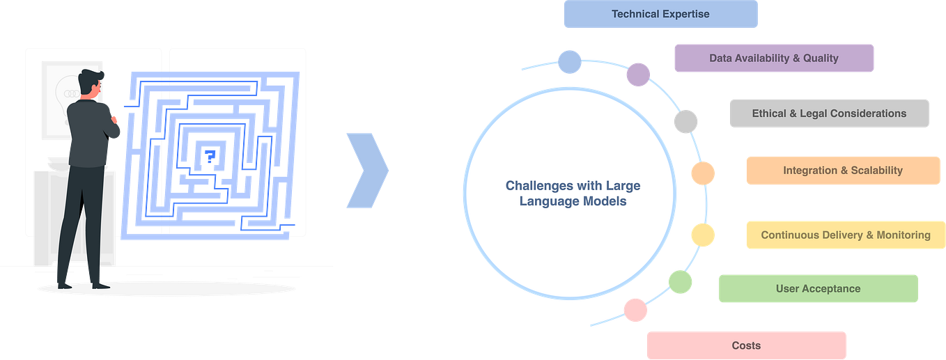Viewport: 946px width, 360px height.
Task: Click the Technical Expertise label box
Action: point(660,15)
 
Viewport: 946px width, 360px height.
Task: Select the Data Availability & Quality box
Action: point(773,58)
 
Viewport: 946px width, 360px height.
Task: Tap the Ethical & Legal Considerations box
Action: point(829,114)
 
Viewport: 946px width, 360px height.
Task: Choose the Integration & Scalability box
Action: point(842,171)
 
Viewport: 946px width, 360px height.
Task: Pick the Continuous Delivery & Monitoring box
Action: point(845,235)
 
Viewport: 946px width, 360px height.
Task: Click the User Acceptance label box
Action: point(818,288)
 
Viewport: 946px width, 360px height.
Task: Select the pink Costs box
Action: point(745,345)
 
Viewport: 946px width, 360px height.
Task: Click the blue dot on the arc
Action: point(569,61)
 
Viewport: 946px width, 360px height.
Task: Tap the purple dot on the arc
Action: point(638,75)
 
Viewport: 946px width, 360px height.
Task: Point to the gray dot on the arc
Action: point(685,122)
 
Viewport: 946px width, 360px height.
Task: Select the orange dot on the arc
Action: point(702,173)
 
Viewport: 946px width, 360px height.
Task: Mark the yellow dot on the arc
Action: point(702,235)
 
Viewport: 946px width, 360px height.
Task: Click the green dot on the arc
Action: point(680,282)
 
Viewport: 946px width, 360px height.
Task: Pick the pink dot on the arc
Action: point(635,308)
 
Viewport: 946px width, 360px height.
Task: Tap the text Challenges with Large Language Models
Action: point(573,194)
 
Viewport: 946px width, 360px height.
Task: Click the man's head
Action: point(92,84)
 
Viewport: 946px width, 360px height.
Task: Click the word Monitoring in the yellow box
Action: point(903,235)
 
